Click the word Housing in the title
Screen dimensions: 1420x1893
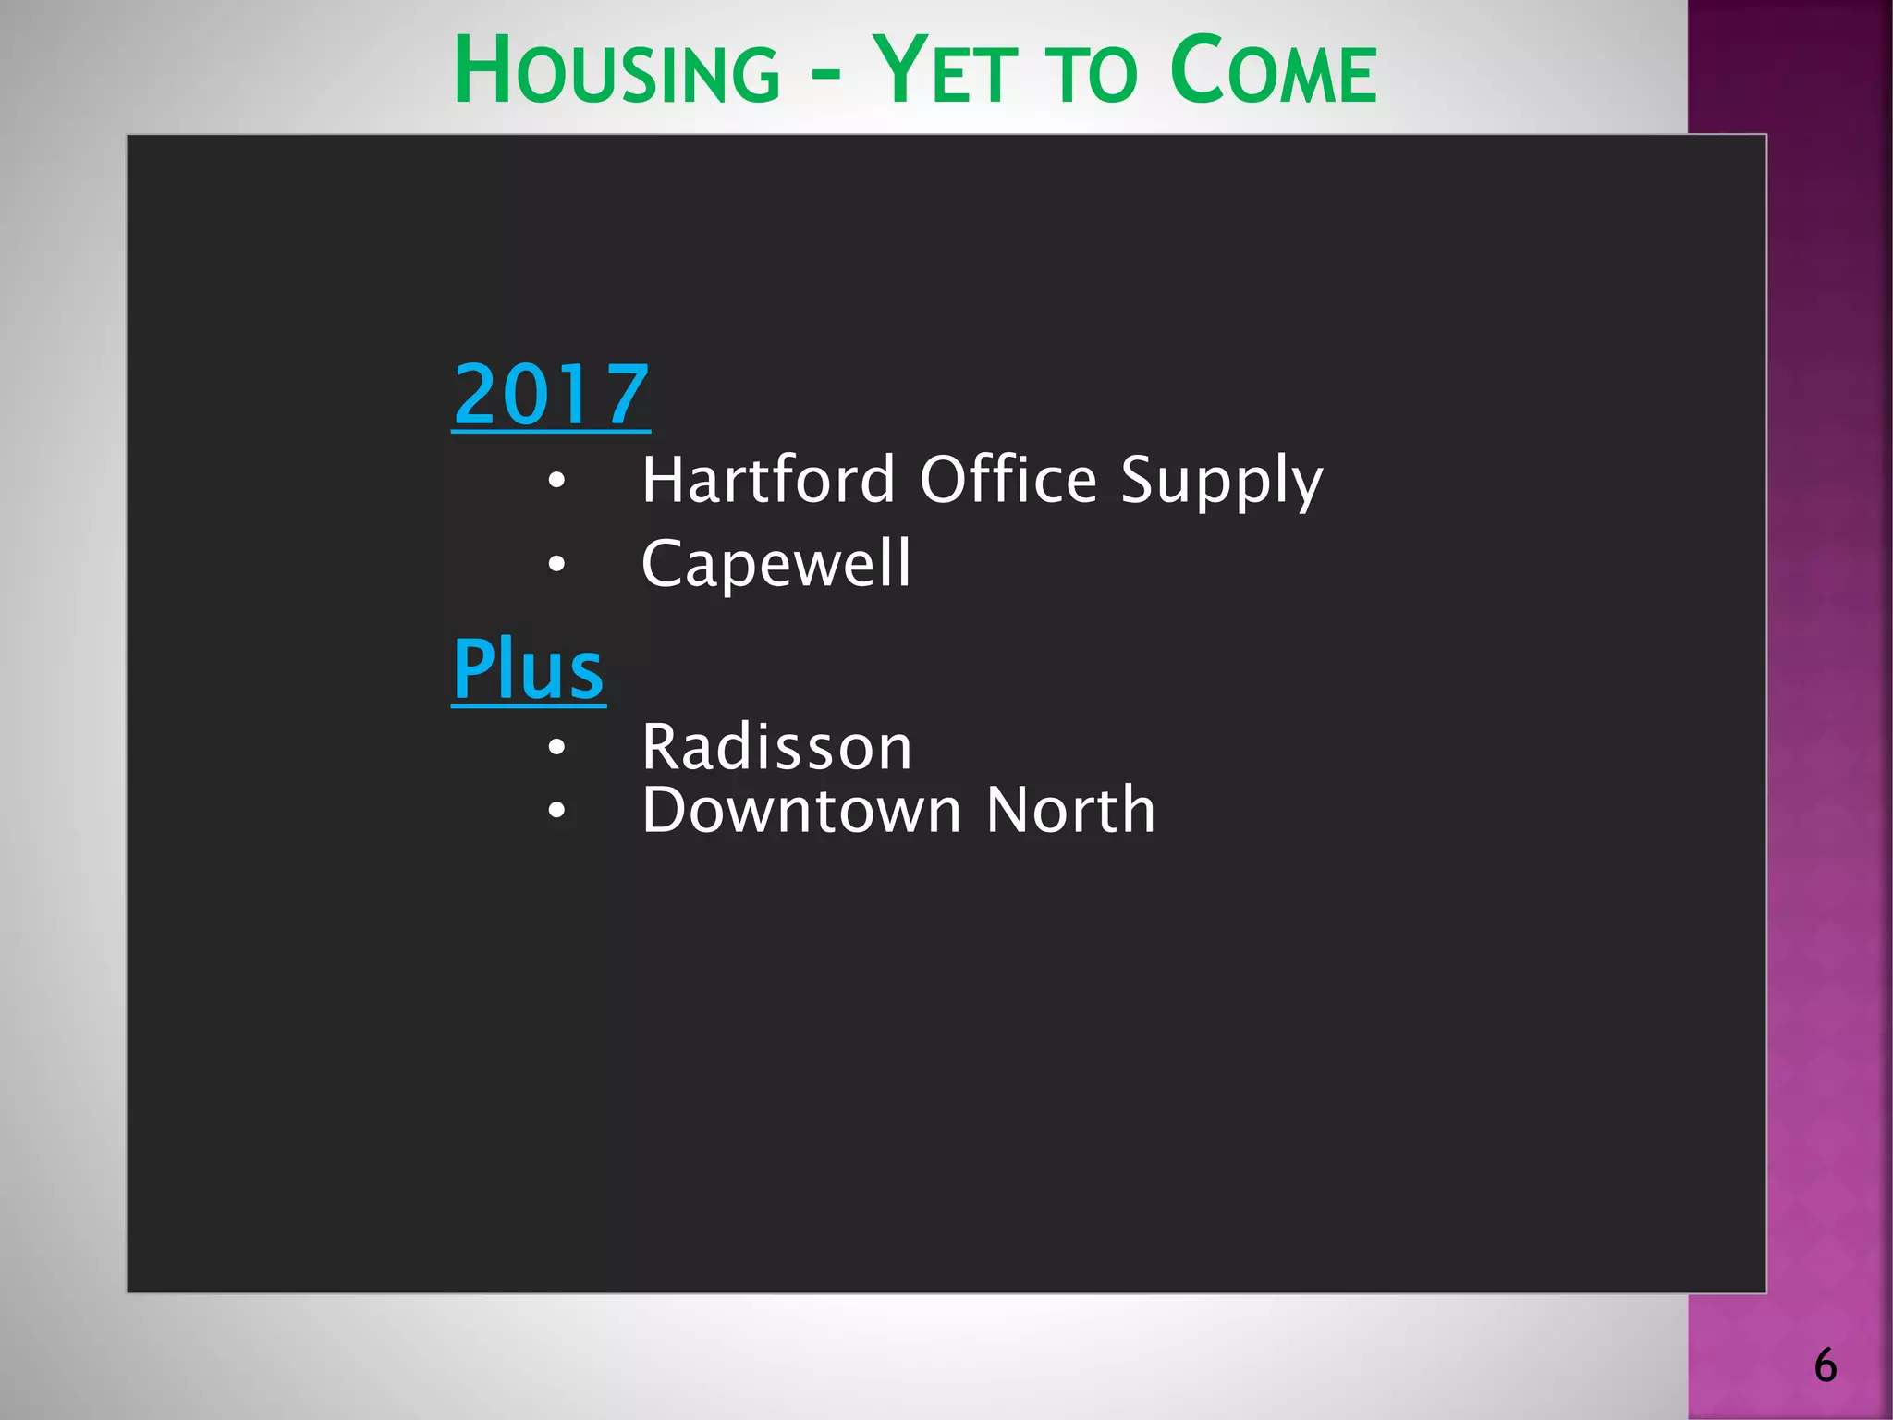(x=617, y=72)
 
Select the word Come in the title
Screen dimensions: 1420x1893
(x=1273, y=72)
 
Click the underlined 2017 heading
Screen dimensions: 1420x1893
(x=551, y=396)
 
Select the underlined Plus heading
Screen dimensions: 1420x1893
(x=528, y=670)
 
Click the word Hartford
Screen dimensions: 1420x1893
(x=768, y=480)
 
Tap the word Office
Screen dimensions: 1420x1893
(x=1008, y=480)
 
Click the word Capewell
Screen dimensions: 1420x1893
(x=776, y=564)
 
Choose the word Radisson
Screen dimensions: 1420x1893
(x=776, y=747)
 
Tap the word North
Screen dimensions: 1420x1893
(x=1070, y=810)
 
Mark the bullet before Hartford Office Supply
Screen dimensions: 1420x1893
(x=556, y=481)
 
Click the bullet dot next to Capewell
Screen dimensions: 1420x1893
(x=556, y=564)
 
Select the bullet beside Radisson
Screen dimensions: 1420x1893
(x=556, y=747)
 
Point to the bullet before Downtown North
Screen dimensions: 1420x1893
(x=556, y=811)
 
